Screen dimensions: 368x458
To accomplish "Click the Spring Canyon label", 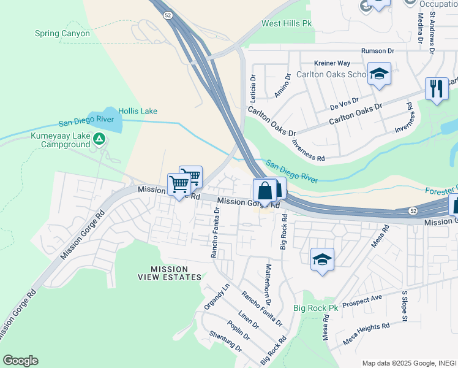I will [x=62, y=33].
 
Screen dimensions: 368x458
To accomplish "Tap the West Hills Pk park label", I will [x=287, y=23].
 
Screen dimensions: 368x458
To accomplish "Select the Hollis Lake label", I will [x=138, y=111].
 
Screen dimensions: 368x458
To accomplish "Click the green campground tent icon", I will [x=99, y=139].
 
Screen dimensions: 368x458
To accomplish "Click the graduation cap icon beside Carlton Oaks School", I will [x=379, y=74].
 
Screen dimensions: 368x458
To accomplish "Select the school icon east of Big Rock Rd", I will [x=322, y=258].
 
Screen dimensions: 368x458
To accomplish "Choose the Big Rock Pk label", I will [x=315, y=308].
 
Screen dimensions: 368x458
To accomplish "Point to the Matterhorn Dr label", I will [x=268, y=285].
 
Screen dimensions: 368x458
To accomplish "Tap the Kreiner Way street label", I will [x=331, y=63].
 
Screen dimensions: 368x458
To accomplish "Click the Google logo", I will [x=20, y=361].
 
